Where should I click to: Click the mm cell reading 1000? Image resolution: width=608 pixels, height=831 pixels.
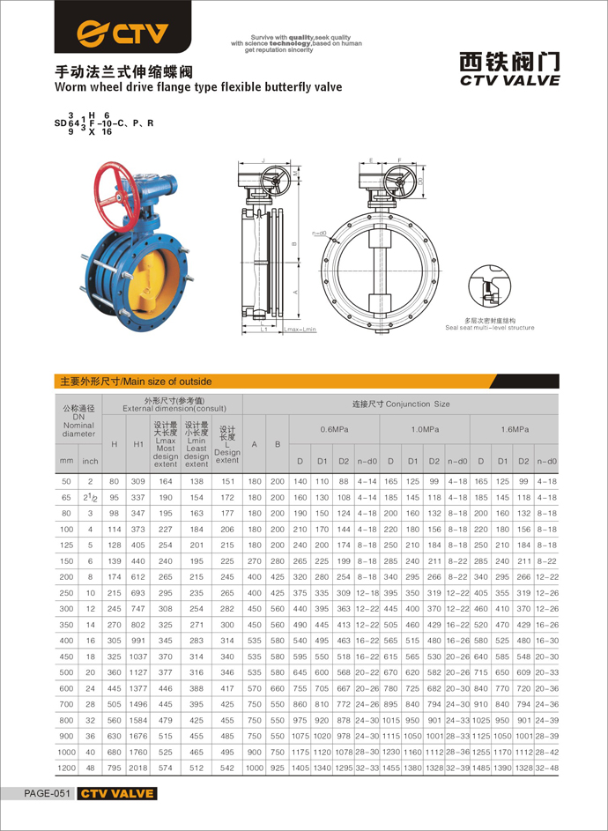pos(66,751)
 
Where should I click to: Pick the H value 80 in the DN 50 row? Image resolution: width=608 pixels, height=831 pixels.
pos(114,481)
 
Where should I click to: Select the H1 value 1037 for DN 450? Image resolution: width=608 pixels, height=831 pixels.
pos(138,656)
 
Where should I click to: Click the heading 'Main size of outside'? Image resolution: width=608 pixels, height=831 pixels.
pos(135,382)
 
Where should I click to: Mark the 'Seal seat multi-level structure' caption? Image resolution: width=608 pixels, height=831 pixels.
pos(490,328)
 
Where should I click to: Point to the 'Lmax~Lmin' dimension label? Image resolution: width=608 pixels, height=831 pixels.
pos(299,329)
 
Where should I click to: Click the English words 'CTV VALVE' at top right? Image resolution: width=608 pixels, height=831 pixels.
pos(510,80)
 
